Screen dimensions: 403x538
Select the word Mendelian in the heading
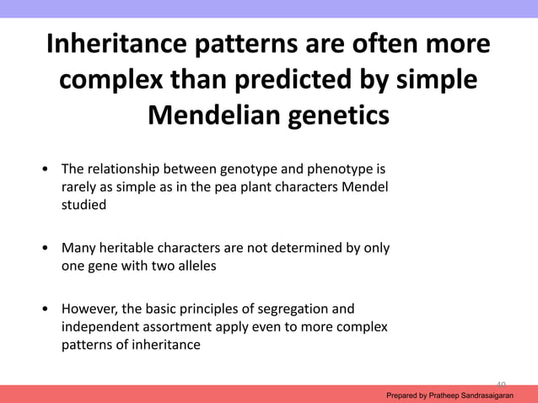coord(217,115)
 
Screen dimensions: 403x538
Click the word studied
coord(83,203)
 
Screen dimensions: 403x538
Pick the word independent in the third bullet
coord(99,326)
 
